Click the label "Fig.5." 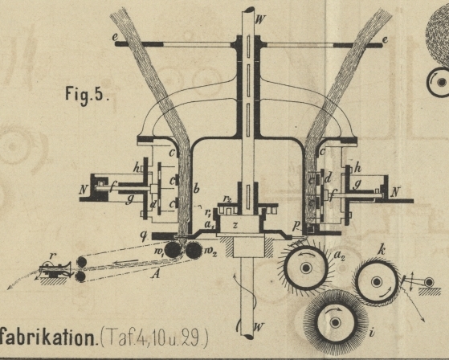pyautogui.click(x=88, y=95)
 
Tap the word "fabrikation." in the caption pyautogui.click(x=47, y=338)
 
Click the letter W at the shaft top pyautogui.click(x=260, y=20)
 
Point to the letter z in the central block pyautogui.click(x=235, y=225)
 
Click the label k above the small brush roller pyautogui.click(x=381, y=251)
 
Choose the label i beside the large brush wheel pyautogui.click(x=372, y=333)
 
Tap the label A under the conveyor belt pyautogui.click(x=156, y=275)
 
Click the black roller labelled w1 pyautogui.click(x=173, y=250)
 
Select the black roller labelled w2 pyautogui.click(x=194, y=250)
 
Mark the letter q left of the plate pyautogui.click(x=144, y=236)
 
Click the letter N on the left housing pyautogui.click(x=84, y=190)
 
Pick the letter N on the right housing pyautogui.click(x=395, y=191)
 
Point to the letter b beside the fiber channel pyautogui.click(x=197, y=189)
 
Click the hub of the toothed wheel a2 pyautogui.click(x=306, y=268)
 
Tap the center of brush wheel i pyautogui.click(x=335, y=322)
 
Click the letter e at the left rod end pyautogui.click(x=116, y=38)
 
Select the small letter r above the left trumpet pyautogui.click(x=51, y=256)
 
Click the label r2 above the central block pyautogui.click(x=227, y=198)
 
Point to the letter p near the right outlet pyautogui.click(x=296, y=226)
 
